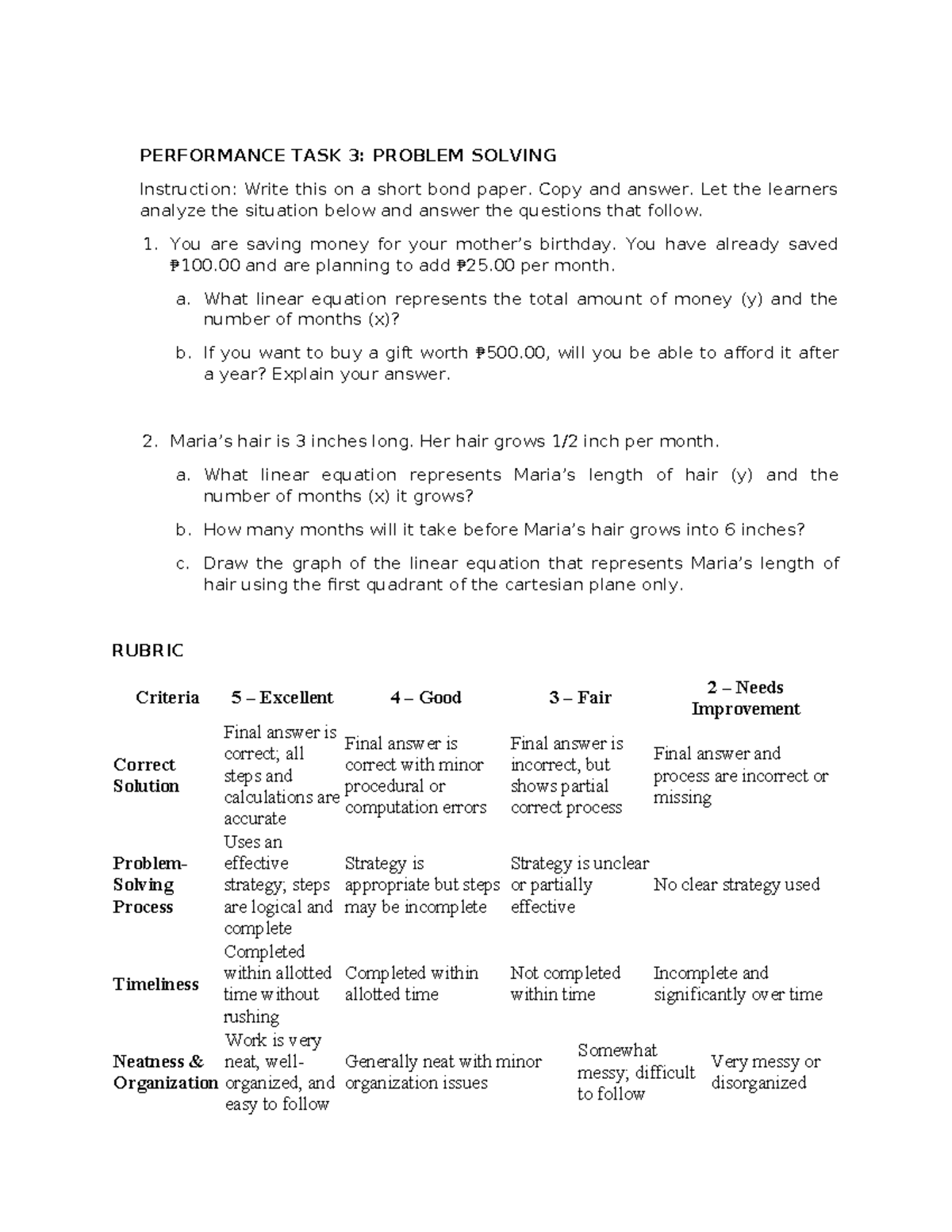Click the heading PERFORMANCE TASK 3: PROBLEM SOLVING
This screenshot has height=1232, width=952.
pos(347,155)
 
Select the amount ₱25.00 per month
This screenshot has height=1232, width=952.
pos(486,266)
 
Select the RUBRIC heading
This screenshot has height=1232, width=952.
pos(148,651)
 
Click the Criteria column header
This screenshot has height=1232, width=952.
pos(167,697)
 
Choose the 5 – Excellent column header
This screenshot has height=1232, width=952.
pos(282,697)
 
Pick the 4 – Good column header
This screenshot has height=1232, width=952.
pos(425,697)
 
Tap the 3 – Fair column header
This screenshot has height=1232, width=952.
pos(580,697)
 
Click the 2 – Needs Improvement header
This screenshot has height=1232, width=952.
pos(745,698)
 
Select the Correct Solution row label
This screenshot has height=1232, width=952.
pos(146,775)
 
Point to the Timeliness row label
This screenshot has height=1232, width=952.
pos(155,984)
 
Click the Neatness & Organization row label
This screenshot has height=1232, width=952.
pos(164,1073)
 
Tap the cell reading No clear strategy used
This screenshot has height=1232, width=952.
pos(736,885)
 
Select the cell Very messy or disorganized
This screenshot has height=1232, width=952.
pos(765,1073)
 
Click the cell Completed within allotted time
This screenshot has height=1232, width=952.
pos(411,984)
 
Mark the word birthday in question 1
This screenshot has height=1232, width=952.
pos(578,244)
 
